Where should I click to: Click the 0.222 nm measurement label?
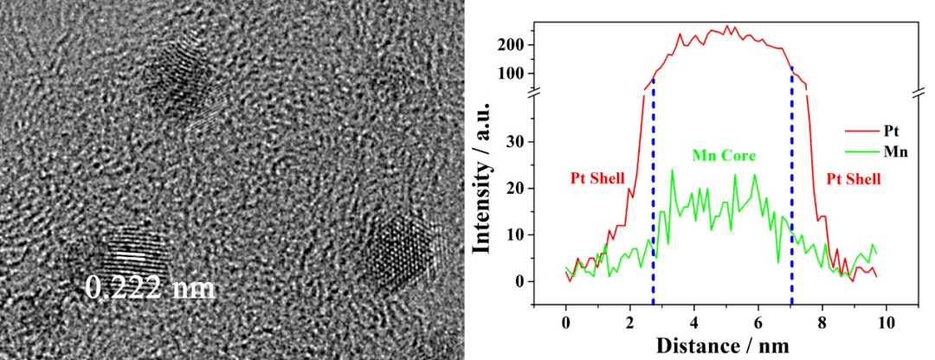click(x=151, y=287)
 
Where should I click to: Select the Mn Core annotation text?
click(x=724, y=157)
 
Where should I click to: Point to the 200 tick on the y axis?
click(x=517, y=45)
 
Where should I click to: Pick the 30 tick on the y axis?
click(x=521, y=141)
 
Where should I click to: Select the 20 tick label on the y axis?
click(x=521, y=188)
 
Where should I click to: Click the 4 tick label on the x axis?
click(x=693, y=320)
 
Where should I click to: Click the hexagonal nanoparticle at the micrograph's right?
click(x=401, y=251)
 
